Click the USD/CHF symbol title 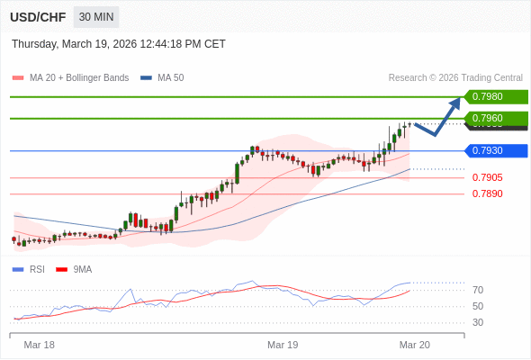39,17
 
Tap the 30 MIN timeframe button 95,17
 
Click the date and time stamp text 119,44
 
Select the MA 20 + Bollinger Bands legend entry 78,78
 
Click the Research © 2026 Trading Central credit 455,78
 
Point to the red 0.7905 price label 487,177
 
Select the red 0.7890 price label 487,193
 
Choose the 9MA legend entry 82,269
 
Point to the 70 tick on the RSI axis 478,290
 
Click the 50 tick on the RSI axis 478,306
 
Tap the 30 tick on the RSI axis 478,322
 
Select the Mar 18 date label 40,345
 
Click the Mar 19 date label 283,345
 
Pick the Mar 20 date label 415,345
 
